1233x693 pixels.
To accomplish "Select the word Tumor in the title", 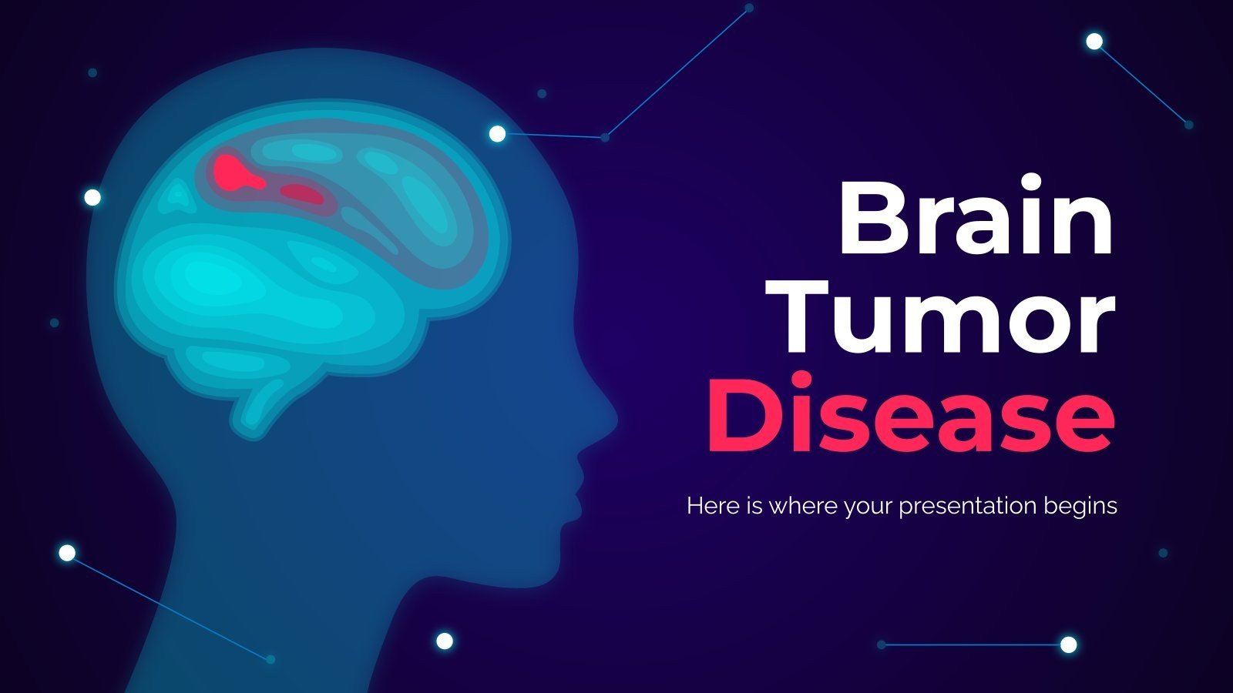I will [948, 317].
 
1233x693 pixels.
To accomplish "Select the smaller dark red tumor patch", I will [302, 192].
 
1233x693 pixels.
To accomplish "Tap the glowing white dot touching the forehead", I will [498, 135].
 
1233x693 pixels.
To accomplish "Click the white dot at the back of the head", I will [92, 198].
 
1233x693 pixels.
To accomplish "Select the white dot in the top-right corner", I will [1094, 42].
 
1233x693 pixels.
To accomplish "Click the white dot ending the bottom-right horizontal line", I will [1068, 644].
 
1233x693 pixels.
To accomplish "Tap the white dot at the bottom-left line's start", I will [67, 553].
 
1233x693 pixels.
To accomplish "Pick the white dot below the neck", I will [444, 641].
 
